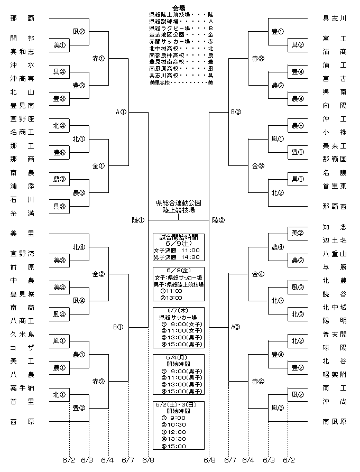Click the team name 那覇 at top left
coord(22,18)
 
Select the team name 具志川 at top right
coord(335,18)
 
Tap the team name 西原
coord(22,422)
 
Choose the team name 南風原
coord(335,422)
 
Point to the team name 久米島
coord(22,335)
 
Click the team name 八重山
coord(335,254)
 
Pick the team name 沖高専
coord(22,79)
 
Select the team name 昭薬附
coord(335,375)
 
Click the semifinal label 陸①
coord(138,220)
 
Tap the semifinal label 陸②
coord(218,220)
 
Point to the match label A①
coord(121,112)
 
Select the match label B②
coord(236,112)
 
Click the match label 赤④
coord(258,382)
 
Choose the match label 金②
coord(98,274)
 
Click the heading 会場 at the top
coord(179,8)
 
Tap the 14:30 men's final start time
coord(190,257)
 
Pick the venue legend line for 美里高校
coord(181,82)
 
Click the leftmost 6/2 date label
coord(69,460)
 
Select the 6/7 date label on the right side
coord(230,460)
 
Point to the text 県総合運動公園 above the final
coord(179,203)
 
